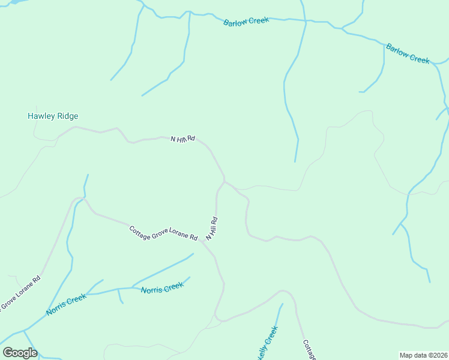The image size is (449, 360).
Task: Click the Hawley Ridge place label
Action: [53, 116]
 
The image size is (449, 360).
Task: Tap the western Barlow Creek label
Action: [246, 22]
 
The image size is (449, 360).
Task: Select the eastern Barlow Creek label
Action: [408, 54]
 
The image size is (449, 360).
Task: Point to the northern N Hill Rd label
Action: [183, 139]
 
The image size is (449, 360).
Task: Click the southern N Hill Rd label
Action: [211, 229]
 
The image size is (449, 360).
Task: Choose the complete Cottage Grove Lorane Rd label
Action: [163, 233]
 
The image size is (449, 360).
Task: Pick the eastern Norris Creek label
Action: [162, 288]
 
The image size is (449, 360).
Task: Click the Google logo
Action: [20, 353]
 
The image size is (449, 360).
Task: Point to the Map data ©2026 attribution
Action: [424, 355]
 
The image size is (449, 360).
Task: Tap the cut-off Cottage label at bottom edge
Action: [309, 350]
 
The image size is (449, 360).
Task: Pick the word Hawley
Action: [41, 116]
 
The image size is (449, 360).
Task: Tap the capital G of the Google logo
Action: [8, 353]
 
